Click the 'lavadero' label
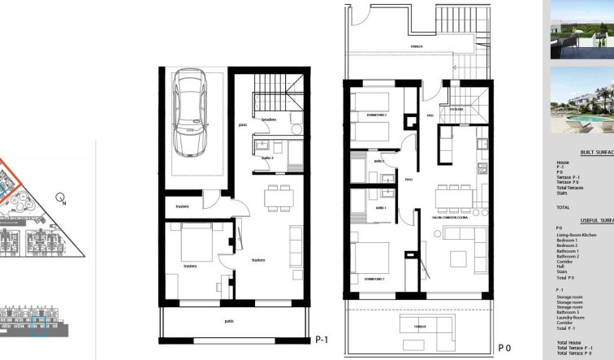point(270,120)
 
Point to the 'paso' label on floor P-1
point(243,125)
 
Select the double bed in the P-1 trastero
point(193,243)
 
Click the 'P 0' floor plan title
point(504,347)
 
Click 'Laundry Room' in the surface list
point(571,316)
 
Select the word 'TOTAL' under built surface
point(563,207)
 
